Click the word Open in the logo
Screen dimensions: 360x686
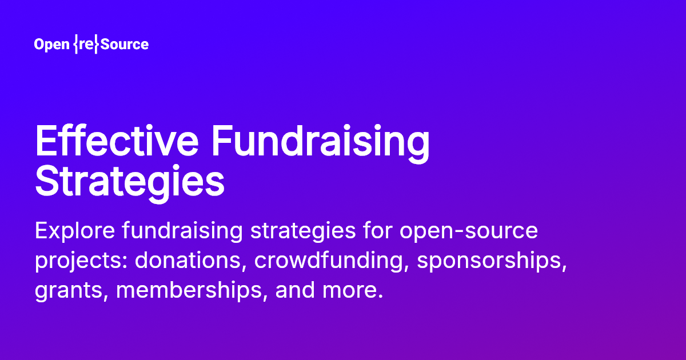tap(52, 45)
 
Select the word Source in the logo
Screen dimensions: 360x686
tap(124, 45)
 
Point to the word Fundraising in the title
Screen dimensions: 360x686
tap(320, 143)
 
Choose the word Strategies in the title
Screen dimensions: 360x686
tap(129, 182)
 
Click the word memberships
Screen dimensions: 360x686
tap(192, 291)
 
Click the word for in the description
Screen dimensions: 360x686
tap(372, 231)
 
